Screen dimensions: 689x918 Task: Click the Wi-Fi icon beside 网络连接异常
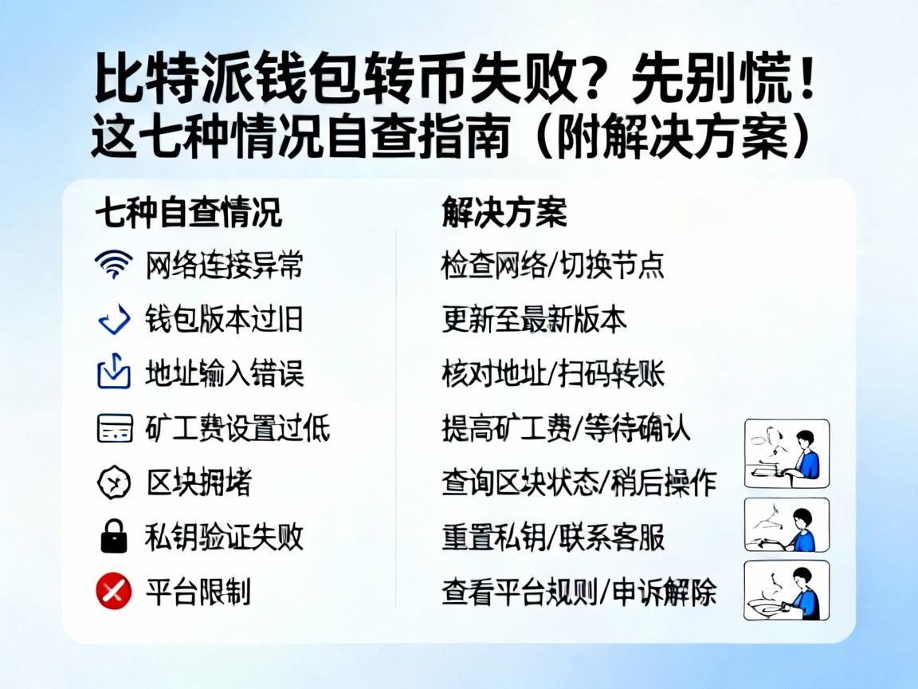pyautogui.click(x=113, y=264)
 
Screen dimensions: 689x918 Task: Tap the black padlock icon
pyautogui.click(x=113, y=537)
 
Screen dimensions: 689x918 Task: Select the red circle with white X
pyautogui.click(x=113, y=591)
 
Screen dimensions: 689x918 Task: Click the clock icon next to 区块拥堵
pyautogui.click(x=113, y=482)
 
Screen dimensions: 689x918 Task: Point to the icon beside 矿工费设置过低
pyautogui.click(x=113, y=428)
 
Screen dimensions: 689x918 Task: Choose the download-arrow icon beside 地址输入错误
pyautogui.click(x=113, y=373)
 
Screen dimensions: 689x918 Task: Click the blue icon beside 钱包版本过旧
pyautogui.click(x=113, y=319)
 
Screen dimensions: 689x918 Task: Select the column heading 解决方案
pyautogui.click(x=504, y=214)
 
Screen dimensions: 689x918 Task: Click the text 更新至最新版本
pyautogui.click(x=534, y=320)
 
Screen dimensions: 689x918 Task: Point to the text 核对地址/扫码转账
pyautogui.click(x=553, y=374)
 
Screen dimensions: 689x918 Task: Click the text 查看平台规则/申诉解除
pyautogui.click(x=579, y=592)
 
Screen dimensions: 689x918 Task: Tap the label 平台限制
pyautogui.click(x=198, y=592)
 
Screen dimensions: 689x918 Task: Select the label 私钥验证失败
pyautogui.click(x=224, y=537)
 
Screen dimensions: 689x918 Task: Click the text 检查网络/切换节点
pyautogui.click(x=553, y=265)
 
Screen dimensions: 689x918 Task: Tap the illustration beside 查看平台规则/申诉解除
pyautogui.click(x=787, y=590)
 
